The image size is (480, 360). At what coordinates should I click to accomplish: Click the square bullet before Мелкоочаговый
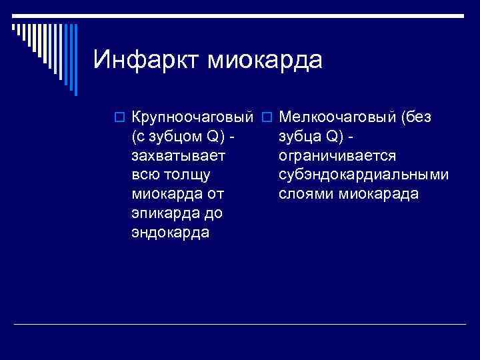click(x=266, y=118)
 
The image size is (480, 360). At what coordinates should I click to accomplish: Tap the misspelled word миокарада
click(x=379, y=195)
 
